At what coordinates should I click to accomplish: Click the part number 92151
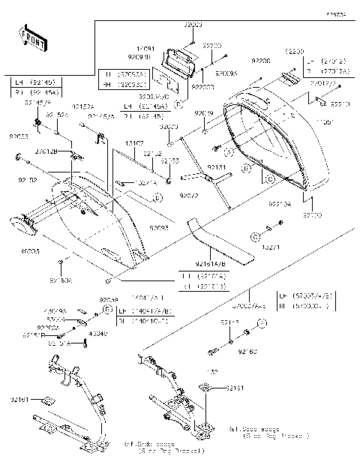216,168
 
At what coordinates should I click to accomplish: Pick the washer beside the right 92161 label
202,388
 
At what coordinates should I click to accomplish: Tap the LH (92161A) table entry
202,276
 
